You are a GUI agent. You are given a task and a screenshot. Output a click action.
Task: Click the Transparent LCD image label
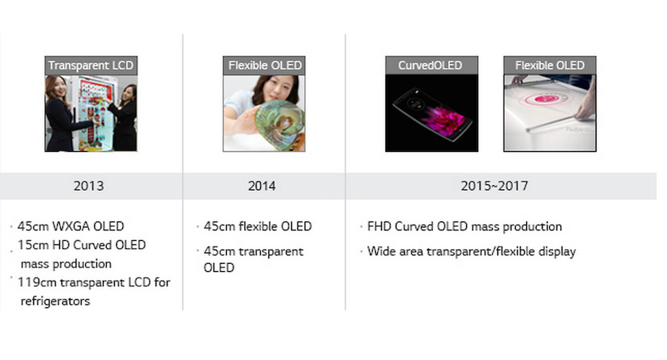coord(90,65)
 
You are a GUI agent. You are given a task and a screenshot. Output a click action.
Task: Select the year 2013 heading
coord(88,186)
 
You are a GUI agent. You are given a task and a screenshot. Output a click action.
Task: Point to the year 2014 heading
coord(262,186)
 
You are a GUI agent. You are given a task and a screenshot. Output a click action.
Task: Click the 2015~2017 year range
coord(494,186)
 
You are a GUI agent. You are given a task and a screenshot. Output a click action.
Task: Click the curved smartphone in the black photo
coord(432,114)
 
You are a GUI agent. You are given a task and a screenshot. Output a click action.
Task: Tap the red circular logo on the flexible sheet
coord(547,99)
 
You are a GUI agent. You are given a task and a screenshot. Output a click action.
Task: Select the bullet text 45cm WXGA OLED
coord(70,226)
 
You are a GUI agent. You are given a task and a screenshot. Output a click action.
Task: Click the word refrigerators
coord(56,301)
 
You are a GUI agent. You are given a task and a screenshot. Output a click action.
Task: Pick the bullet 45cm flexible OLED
coord(257,226)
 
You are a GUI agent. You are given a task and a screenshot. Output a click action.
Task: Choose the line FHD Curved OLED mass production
coord(465,226)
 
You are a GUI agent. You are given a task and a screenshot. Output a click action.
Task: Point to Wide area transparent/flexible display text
coord(471,251)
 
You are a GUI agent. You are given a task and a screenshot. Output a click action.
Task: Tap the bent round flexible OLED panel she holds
coord(279,125)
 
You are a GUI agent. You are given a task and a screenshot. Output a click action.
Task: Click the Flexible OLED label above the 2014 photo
coord(264,65)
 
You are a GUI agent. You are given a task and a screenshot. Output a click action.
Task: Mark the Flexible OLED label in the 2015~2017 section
coord(550,65)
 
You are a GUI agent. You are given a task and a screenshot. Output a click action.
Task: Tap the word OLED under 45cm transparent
coord(219,267)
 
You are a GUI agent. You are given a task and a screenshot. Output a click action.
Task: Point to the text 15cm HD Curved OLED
coord(82,245)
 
